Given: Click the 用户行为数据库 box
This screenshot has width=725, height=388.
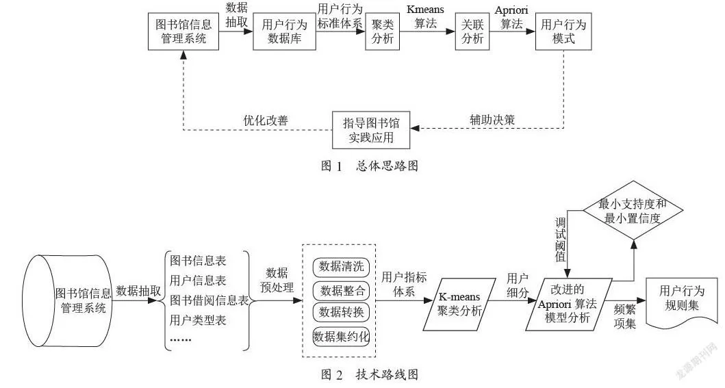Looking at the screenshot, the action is click(284, 31).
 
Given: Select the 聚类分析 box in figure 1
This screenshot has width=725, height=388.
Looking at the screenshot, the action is click(383, 31).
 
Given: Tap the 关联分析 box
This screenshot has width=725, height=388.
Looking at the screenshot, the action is click(472, 31).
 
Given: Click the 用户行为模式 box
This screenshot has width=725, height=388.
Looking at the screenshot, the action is click(563, 31).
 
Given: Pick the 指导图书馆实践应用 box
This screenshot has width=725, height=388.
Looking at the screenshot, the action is click(371, 130).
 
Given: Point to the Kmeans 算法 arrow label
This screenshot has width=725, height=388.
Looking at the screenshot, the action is click(425, 16).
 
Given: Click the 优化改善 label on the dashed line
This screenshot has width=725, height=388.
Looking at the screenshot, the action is click(266, 120).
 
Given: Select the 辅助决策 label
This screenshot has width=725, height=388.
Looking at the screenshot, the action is click(492, 120).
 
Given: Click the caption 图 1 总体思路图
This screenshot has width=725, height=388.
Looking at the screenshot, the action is click(370, 166).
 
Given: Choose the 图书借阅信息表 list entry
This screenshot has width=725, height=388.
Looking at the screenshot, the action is click(209, 300).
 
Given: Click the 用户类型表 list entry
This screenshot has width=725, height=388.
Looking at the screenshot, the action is click(198, 320).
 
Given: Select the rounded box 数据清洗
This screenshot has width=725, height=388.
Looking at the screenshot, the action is click(341, 266).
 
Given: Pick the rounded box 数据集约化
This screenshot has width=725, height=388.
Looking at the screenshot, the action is click(341, 336).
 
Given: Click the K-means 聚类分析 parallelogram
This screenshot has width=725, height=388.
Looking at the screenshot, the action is click(459, 304).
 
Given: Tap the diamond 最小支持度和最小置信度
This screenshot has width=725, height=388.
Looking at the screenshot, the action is click(633, 211).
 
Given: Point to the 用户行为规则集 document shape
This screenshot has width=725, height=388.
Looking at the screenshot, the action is click(682, 302).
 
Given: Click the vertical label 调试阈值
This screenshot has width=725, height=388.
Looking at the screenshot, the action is click(561, 240).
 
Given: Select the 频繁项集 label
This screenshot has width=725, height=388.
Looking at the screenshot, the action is click(624, 316).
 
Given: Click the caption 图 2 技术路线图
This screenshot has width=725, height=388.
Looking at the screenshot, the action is click(370, 374).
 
